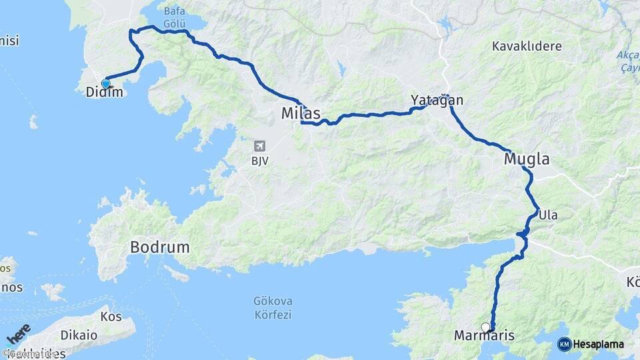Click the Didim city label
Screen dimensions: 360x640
pyautogui.click(x=105, y=93)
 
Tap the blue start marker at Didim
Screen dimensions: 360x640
pyautogui.click(x=105, y=83)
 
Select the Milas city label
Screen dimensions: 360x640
pyautogui.click(x=301, y=113)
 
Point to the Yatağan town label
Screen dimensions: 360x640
pyautogui.click(x=437, y=101)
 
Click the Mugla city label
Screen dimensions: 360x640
pyautogui.click(x=527, y=159)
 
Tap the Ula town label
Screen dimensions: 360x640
pyautogui.click(x=547, y=215)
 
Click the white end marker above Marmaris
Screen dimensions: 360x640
pyautogui.click(x=485, y=327)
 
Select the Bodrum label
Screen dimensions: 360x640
pyautogui.click(x=159, y=247)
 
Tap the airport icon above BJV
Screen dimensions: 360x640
pyautogui.click(x=259, y=146)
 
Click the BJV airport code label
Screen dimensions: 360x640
pyautogui.click(x=260, y=161)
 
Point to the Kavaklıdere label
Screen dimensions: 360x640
pyautogui.click(x=527, y=47)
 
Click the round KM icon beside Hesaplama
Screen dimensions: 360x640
pyautogui.click(x=564, y=345)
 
